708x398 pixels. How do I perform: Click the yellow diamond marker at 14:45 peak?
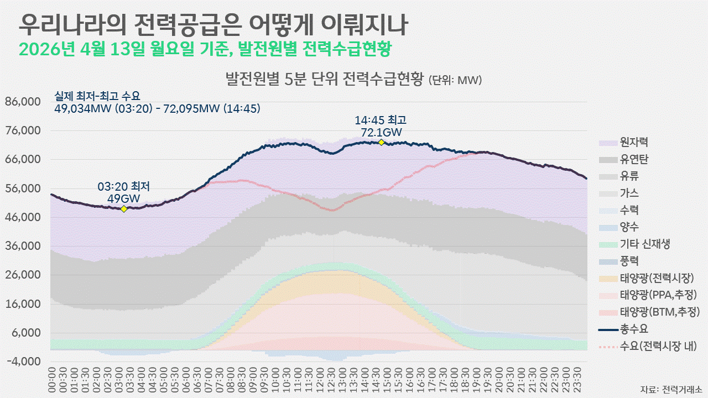(x=381, y=142)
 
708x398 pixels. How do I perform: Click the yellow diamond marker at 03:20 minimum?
(x=124, y=208)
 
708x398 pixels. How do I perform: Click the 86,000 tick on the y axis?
(x=23, y=102)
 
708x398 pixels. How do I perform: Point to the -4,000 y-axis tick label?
(x=23, y=362)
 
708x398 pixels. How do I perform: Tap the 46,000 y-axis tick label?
(x=23, y=218)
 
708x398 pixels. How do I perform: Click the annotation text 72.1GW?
(x=381, y=133)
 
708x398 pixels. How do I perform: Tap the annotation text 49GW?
(x=124, y=198)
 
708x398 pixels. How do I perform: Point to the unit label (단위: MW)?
(x=455, y=80)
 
